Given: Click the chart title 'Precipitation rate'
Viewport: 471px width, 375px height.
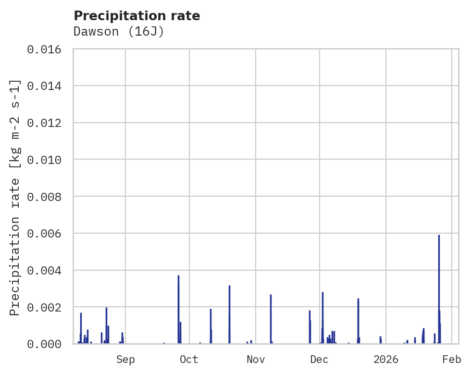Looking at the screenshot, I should click(136, 16).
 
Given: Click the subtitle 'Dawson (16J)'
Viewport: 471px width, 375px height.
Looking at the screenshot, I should click(119, 32).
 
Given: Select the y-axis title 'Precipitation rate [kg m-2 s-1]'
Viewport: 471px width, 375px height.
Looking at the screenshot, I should click(15, 197).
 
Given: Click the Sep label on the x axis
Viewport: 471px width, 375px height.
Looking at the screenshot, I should click(125, 359).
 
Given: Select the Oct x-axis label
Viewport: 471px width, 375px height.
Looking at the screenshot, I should click(189, 359).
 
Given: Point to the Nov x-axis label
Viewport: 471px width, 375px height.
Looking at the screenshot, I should click(255, 359).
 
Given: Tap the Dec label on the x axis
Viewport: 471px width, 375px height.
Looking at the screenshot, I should click(319, 359).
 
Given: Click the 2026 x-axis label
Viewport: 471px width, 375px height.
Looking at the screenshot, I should click(386, 359).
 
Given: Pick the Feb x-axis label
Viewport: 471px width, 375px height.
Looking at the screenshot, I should click(452, 359).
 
